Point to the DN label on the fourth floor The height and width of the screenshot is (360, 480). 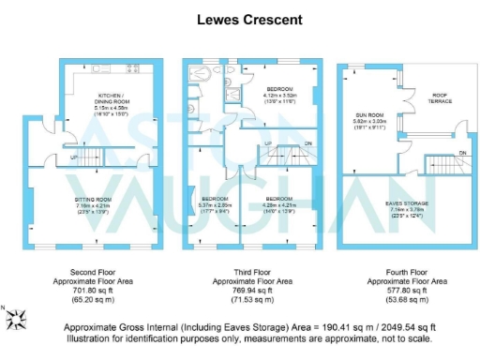click(x=462, y=151)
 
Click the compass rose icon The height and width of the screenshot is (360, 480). click(x=16, y=320)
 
